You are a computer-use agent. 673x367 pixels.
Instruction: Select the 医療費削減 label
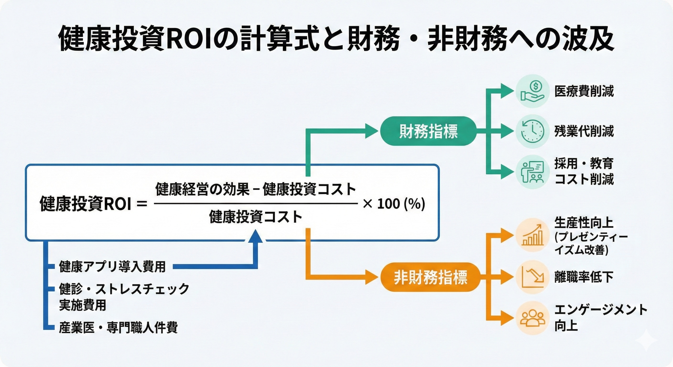click(584, 91)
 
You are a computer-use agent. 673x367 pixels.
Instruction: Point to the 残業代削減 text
click(584, 131)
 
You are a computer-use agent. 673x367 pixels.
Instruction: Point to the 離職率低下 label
click(584, 277)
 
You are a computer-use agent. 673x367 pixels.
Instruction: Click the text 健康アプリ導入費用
click(112, 266)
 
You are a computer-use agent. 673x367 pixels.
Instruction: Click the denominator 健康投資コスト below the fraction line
click(255, 217)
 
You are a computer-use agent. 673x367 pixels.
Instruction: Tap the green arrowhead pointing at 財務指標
click(371, 131)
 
